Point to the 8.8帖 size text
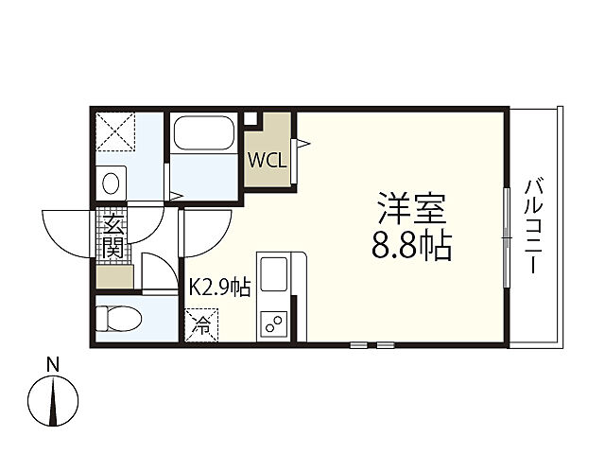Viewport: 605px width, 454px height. pos(411,247)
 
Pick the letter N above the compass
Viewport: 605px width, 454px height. pos(54,364)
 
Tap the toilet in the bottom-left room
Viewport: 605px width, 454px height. pos(117,319)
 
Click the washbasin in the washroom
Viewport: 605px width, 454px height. pos(112,181)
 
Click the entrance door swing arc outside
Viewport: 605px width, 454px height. pos(66,232)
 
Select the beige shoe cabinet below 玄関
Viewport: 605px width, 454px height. pos(114,277)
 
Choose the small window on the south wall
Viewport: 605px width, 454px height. pos(372,345)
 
